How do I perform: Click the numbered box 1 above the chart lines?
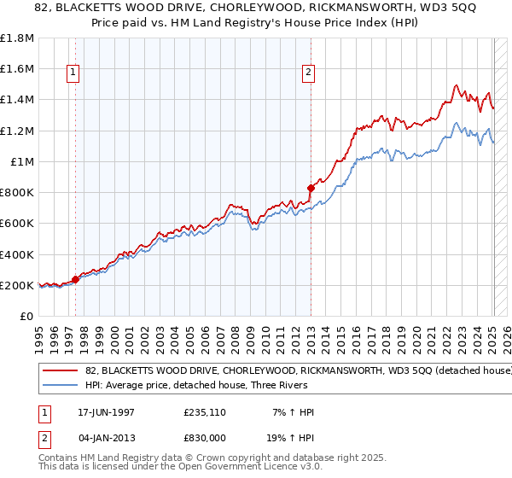74,73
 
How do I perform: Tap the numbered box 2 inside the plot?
307,73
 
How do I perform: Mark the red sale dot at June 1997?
76,279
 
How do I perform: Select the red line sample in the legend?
61,371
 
